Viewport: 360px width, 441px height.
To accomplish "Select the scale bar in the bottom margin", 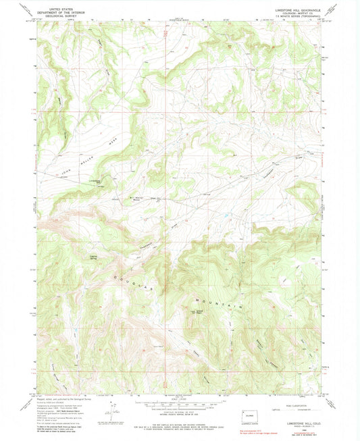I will [179, 407].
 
